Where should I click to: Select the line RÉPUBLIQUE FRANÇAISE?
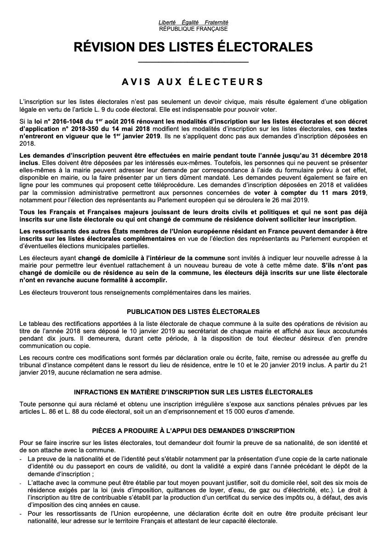[193, 28]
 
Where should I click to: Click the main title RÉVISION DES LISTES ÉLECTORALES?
[193, 47]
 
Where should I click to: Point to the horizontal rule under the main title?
[193, 62]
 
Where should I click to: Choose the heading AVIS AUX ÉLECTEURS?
[193, 82]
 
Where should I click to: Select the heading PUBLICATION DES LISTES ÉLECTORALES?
[193, 312]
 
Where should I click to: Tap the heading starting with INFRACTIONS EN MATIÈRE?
[193, 392]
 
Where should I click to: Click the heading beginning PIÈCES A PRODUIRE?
[193, 431]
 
